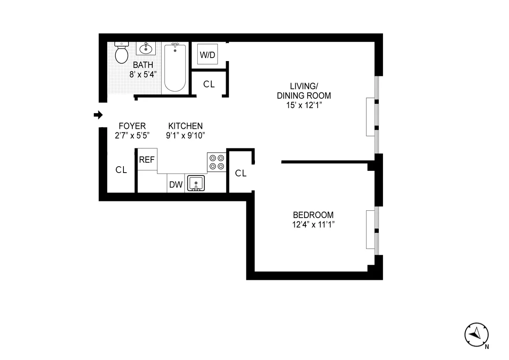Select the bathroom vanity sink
(x=146, y=49)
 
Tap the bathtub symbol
(x=175, y=68)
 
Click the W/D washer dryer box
(x=207, y=55)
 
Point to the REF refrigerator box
(x=147, y=159)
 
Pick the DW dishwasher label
(x=176, y=184)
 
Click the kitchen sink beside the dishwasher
(x=196, y=183)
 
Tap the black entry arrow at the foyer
(x=98, y=114)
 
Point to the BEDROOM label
(x=313, y=215)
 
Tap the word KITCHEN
(x=185, y=126)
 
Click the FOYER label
(x=132, y=126)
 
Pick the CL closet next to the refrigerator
(x=121, y=170)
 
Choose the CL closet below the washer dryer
(x=209, y=84)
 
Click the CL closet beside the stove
(x=241, y=173)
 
